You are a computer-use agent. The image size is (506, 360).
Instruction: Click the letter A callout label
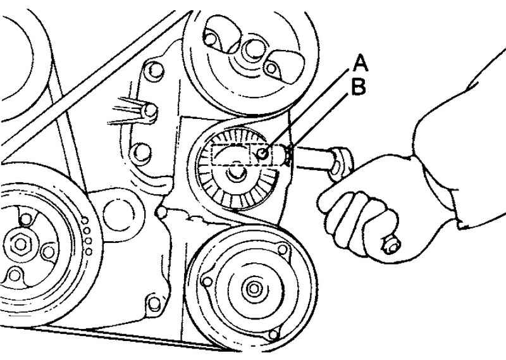click(361, 63)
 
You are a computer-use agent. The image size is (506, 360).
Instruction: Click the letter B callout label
click(359, 87)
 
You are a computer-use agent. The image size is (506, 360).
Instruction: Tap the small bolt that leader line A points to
click(262, 154)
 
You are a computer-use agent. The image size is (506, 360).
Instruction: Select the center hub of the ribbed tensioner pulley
click(237, 174)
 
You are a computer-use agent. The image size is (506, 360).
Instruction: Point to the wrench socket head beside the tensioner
click(341, 163)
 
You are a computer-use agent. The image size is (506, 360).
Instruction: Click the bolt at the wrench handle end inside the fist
click(391, 244)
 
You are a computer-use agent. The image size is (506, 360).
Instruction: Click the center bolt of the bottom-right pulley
click(254, 289)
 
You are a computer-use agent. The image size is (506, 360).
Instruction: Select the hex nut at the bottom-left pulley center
click(20, 244)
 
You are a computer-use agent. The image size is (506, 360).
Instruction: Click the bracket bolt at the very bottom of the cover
click(154, 304)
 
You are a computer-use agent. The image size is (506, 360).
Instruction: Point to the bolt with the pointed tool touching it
click(150, 111)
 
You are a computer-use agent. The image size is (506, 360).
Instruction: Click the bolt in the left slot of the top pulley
click(210, 39)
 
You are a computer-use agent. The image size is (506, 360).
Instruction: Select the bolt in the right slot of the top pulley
click(271, 68)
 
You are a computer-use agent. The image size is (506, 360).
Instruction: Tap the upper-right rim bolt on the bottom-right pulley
click(283, 249)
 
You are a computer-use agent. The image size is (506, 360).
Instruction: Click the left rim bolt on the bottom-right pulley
click(206, 282)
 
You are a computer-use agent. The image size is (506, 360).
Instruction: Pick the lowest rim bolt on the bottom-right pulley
click(273, 335)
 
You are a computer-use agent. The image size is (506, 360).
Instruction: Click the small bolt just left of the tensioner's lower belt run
click(161, 212)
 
